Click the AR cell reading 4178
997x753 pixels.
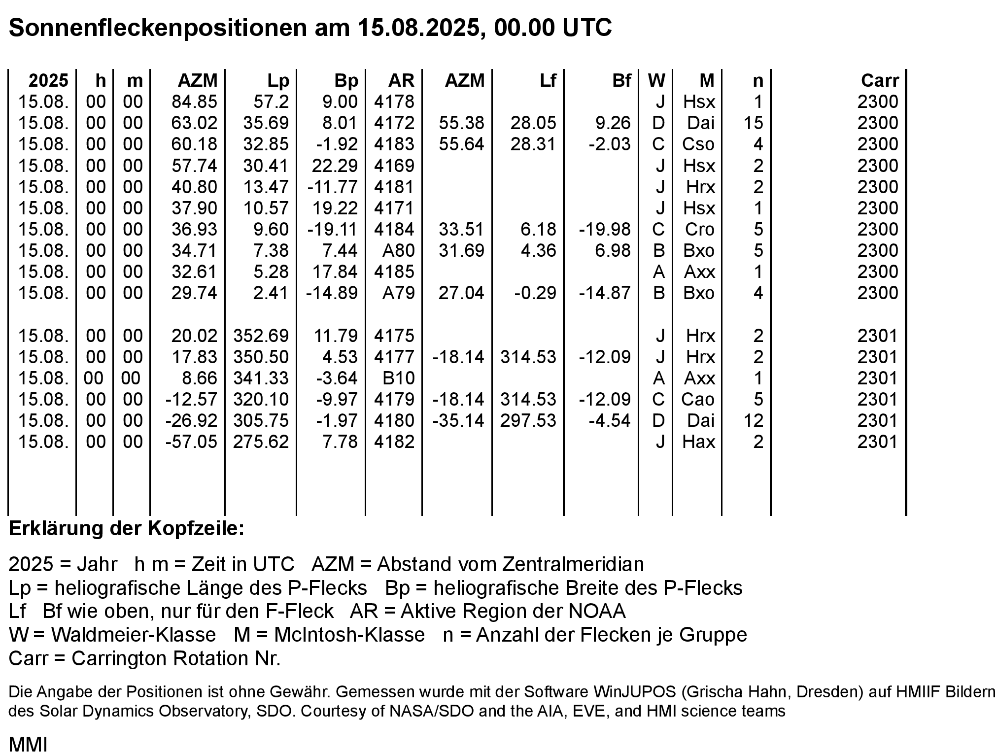[x=394, y=102]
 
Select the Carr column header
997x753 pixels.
[x=880, y=80]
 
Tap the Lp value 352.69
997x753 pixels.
[x=261, y=336]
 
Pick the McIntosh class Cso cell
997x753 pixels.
[x=698, y=144]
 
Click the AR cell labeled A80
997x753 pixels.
[x=398, y=250]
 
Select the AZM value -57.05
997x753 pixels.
[x=191, y=442]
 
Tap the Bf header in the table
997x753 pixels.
[x=621, y=80]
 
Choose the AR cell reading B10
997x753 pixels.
[x=398, y=378]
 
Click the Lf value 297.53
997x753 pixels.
[x=528, y=420]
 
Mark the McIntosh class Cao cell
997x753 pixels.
[x=698, y=399]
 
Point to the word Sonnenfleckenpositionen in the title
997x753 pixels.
[x=158, y=28]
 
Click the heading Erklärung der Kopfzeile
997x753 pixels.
[x=127, y=529]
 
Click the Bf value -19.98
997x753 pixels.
[x=604, y=229]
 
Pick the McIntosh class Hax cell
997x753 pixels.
[x=698, y=442]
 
